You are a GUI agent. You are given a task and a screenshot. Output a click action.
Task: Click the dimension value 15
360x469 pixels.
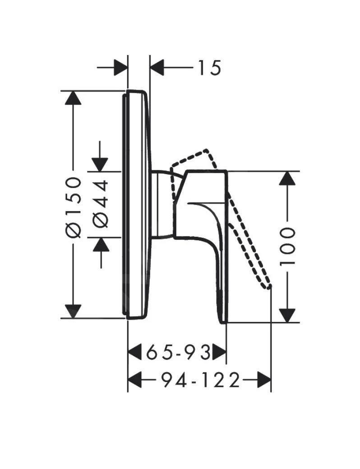click(208, 68)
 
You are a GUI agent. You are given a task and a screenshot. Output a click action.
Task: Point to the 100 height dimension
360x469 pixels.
click(287, 246)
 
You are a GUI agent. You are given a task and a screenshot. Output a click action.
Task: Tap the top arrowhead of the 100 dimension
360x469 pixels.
click(287, 179)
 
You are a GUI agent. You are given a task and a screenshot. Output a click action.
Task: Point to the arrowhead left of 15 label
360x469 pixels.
click(157, 68)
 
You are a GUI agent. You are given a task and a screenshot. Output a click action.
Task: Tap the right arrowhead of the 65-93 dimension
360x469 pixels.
click(219, 352)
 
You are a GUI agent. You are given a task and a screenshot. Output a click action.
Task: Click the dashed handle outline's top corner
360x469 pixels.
click(207, 150)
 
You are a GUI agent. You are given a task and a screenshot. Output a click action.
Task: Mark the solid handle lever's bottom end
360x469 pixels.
click(222, 321)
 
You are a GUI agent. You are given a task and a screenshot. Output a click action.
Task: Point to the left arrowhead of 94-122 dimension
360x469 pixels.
click(135, 381)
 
